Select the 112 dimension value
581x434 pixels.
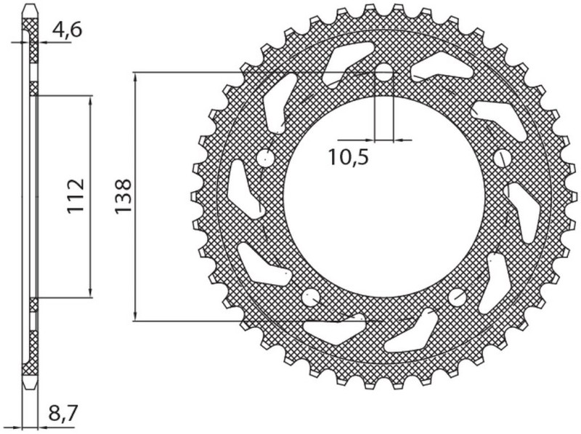coord(77,196)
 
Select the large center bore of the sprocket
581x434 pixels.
coord(383,196)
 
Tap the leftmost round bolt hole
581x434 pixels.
coord(265,158)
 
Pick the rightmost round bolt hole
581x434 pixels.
coord(501,158)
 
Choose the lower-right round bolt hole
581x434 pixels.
coord(457,296)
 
